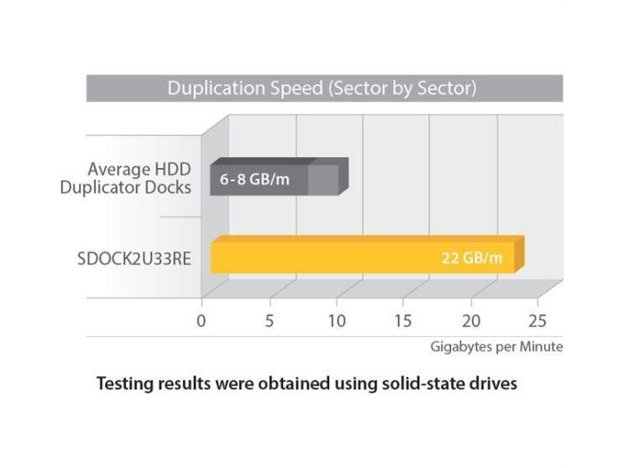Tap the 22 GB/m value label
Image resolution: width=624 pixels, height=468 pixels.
(x=472, y=257)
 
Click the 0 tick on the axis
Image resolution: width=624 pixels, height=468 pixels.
(x=201, y=320)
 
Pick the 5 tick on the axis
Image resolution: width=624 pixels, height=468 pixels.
(x=269, y=320)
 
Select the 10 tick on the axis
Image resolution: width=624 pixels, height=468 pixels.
(x=336, y=320)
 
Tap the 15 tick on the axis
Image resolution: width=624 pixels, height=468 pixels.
(x=404, y=320)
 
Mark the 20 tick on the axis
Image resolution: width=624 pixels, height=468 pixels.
(x=471, y=320)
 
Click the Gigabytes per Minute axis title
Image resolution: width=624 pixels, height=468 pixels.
(x=497, y=345)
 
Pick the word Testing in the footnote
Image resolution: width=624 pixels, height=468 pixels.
(x=123, y=384)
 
